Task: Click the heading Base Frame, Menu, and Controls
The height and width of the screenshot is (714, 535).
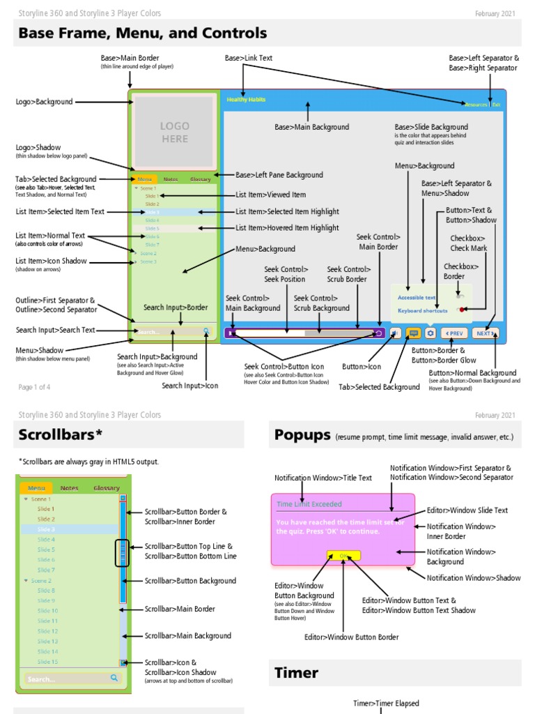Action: coord(142,33)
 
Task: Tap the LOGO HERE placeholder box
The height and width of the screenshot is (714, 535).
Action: coord(174,132)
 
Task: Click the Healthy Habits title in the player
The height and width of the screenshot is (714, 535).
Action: coord(246,100)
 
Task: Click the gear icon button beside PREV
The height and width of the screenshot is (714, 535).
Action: coord(431,333)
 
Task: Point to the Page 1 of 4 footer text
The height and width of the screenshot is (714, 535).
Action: coord(34,387)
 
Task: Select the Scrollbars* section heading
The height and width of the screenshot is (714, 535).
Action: coord(61,435)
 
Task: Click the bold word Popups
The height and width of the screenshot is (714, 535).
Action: coord(302,435)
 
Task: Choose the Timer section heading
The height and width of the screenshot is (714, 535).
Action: coord(296,673)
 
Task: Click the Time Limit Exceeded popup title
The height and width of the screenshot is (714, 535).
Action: coord(303,504)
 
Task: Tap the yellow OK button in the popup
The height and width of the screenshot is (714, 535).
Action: coord(343,556)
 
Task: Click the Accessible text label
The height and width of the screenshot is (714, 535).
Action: coord(417,297)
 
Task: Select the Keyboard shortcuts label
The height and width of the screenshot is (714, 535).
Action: coord(422,311)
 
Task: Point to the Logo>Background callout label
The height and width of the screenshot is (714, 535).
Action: coord(44,102)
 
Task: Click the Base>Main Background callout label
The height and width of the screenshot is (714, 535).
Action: coord(311,127)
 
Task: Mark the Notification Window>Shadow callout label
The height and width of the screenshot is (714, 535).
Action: coord(473,578)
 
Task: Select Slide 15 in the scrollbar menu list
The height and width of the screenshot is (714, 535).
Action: coord(47,662)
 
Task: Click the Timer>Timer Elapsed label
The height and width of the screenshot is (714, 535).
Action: coord(386,704)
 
